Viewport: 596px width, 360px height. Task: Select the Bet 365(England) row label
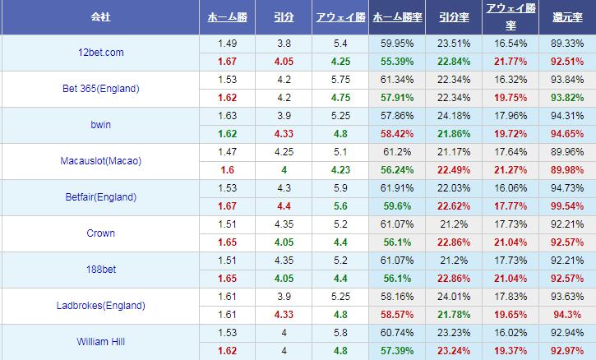[101, 89]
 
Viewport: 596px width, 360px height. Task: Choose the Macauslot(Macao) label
[101, 161]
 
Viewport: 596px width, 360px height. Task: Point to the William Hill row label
[101, 341]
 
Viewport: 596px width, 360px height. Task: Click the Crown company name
[100, 233]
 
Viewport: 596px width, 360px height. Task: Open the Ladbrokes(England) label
[101, 305]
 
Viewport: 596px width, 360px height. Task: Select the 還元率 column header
[566, 16]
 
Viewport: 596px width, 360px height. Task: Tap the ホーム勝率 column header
[398, 16]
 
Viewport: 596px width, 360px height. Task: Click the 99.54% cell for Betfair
[567, 205]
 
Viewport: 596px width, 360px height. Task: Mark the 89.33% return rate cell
[567, 43]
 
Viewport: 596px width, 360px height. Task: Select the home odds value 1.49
[227, 43]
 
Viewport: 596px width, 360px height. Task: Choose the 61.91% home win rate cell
[398, 187]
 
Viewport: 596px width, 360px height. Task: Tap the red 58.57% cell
[398, 313]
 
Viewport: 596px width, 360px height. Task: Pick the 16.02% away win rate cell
[511, 331]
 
